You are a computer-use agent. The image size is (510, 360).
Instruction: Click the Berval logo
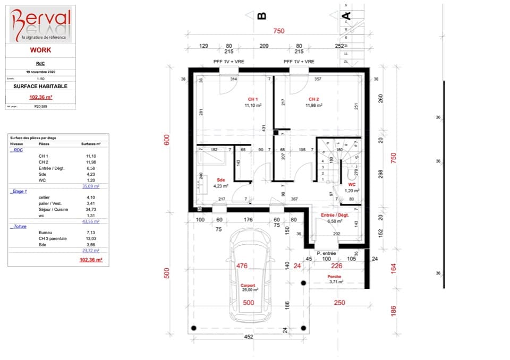tap(40, 24)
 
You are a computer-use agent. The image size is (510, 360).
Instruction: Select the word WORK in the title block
tap(40, 50)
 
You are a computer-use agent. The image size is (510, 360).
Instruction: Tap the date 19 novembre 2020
tap(40, 71)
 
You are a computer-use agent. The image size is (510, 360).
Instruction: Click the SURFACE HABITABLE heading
tap(40, 86)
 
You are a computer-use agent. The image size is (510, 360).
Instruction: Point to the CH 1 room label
tap(253, 99)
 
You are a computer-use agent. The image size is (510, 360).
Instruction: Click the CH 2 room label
tap(314, 99)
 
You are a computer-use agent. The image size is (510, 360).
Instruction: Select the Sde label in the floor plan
tap(220, 179)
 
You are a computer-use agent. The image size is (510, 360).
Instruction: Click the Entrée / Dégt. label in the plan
tap(335, 215)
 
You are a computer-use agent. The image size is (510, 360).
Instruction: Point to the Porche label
tap(334, 276)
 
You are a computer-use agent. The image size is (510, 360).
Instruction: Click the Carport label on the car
tap(249, 285)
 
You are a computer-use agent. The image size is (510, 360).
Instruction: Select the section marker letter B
tap(261, 16)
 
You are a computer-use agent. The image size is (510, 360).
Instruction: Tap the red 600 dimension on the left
tap(167, 140)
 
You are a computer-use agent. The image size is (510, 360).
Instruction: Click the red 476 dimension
tap(242, 266)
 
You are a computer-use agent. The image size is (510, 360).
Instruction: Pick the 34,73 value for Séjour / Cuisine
tap(91, 210)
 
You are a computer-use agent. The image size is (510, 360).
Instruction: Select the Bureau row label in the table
tap(46, 233)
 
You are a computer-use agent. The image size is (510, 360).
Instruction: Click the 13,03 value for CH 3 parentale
tap(91, 238)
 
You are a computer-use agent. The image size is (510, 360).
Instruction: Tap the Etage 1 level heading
tap(19, 191)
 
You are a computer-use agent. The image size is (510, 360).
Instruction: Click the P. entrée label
tap(326, 253)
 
